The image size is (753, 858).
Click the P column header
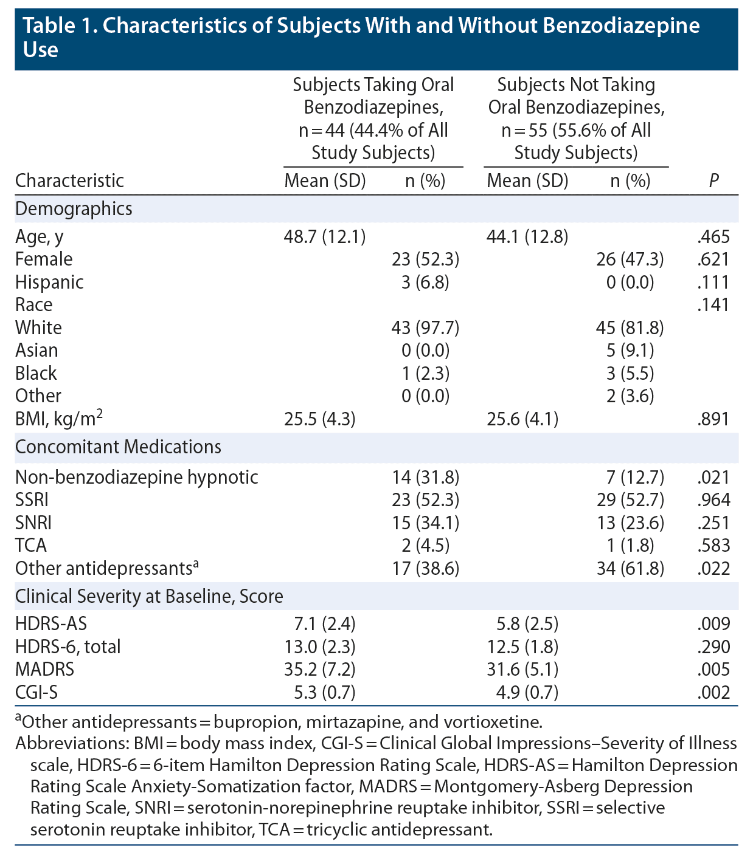pyautogui.click(x=713, y=180)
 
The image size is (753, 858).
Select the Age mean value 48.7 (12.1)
pyautogui.click(x=325, y=236)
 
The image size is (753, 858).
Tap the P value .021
pyautogui.click(x=713, y=478)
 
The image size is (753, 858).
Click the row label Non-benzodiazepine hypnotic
pyautogui.click(x=136, y=478)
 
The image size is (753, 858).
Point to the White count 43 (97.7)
pyautogui.click(x=425, y=328)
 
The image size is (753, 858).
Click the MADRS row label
pyautogui.click(x=44, y=670)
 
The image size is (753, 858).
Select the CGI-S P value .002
pyautogui.click(x=713, y=692)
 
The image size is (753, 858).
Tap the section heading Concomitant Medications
pyautogui.click(x=118, y=447)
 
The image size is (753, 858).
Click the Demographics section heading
pyautogui.click(x=74, y=209)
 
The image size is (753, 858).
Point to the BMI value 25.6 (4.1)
pyautogui.click(x=522, y=419)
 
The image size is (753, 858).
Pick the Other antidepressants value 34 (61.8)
pyautogui.click(x=630, y=569)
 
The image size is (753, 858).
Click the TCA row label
pyautogui.click(x=31, y=546)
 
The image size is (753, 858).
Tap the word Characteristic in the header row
pyautogui.click(x=69, y=180)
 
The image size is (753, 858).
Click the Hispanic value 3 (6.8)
pyautogui.click(x=425, y=282)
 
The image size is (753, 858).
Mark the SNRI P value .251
pyautogui.click(x=713, y=523)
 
